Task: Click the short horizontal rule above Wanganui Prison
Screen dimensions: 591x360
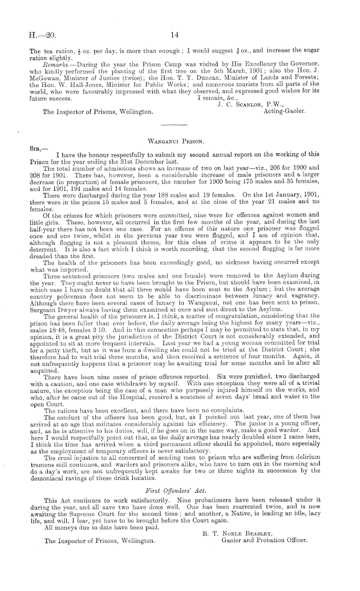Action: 174,126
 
